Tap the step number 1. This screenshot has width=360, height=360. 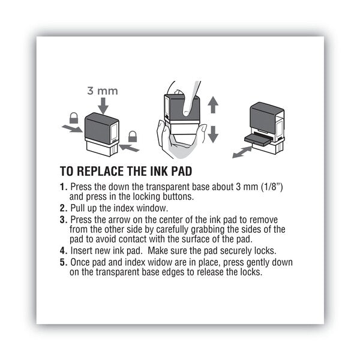(63, 188)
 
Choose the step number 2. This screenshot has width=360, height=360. (63, 208)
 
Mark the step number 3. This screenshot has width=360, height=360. (63, 220)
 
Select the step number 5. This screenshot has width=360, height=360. (63, 263)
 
